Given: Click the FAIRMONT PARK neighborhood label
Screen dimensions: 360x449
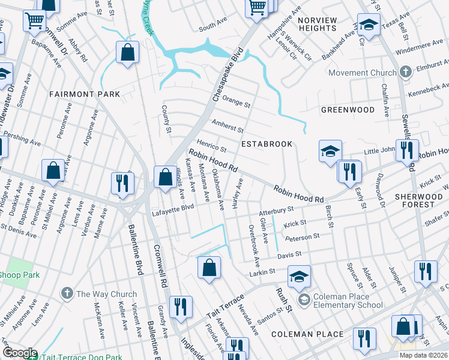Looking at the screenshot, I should click(x=85, y=94).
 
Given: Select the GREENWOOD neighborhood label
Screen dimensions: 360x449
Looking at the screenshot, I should click(x=348, y=110).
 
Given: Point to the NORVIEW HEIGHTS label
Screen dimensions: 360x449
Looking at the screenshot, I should click(x=316, y=24).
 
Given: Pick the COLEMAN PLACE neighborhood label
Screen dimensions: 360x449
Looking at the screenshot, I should click(x=307, y=334).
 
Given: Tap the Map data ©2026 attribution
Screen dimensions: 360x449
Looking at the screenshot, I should click(x=423, y=355).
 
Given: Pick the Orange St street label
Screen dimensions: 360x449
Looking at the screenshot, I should click(x=236, y=101).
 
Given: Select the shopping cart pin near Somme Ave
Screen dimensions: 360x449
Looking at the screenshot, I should click(x=35, y=20).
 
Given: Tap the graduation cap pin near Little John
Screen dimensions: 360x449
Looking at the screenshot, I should click(x=330, y=152).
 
